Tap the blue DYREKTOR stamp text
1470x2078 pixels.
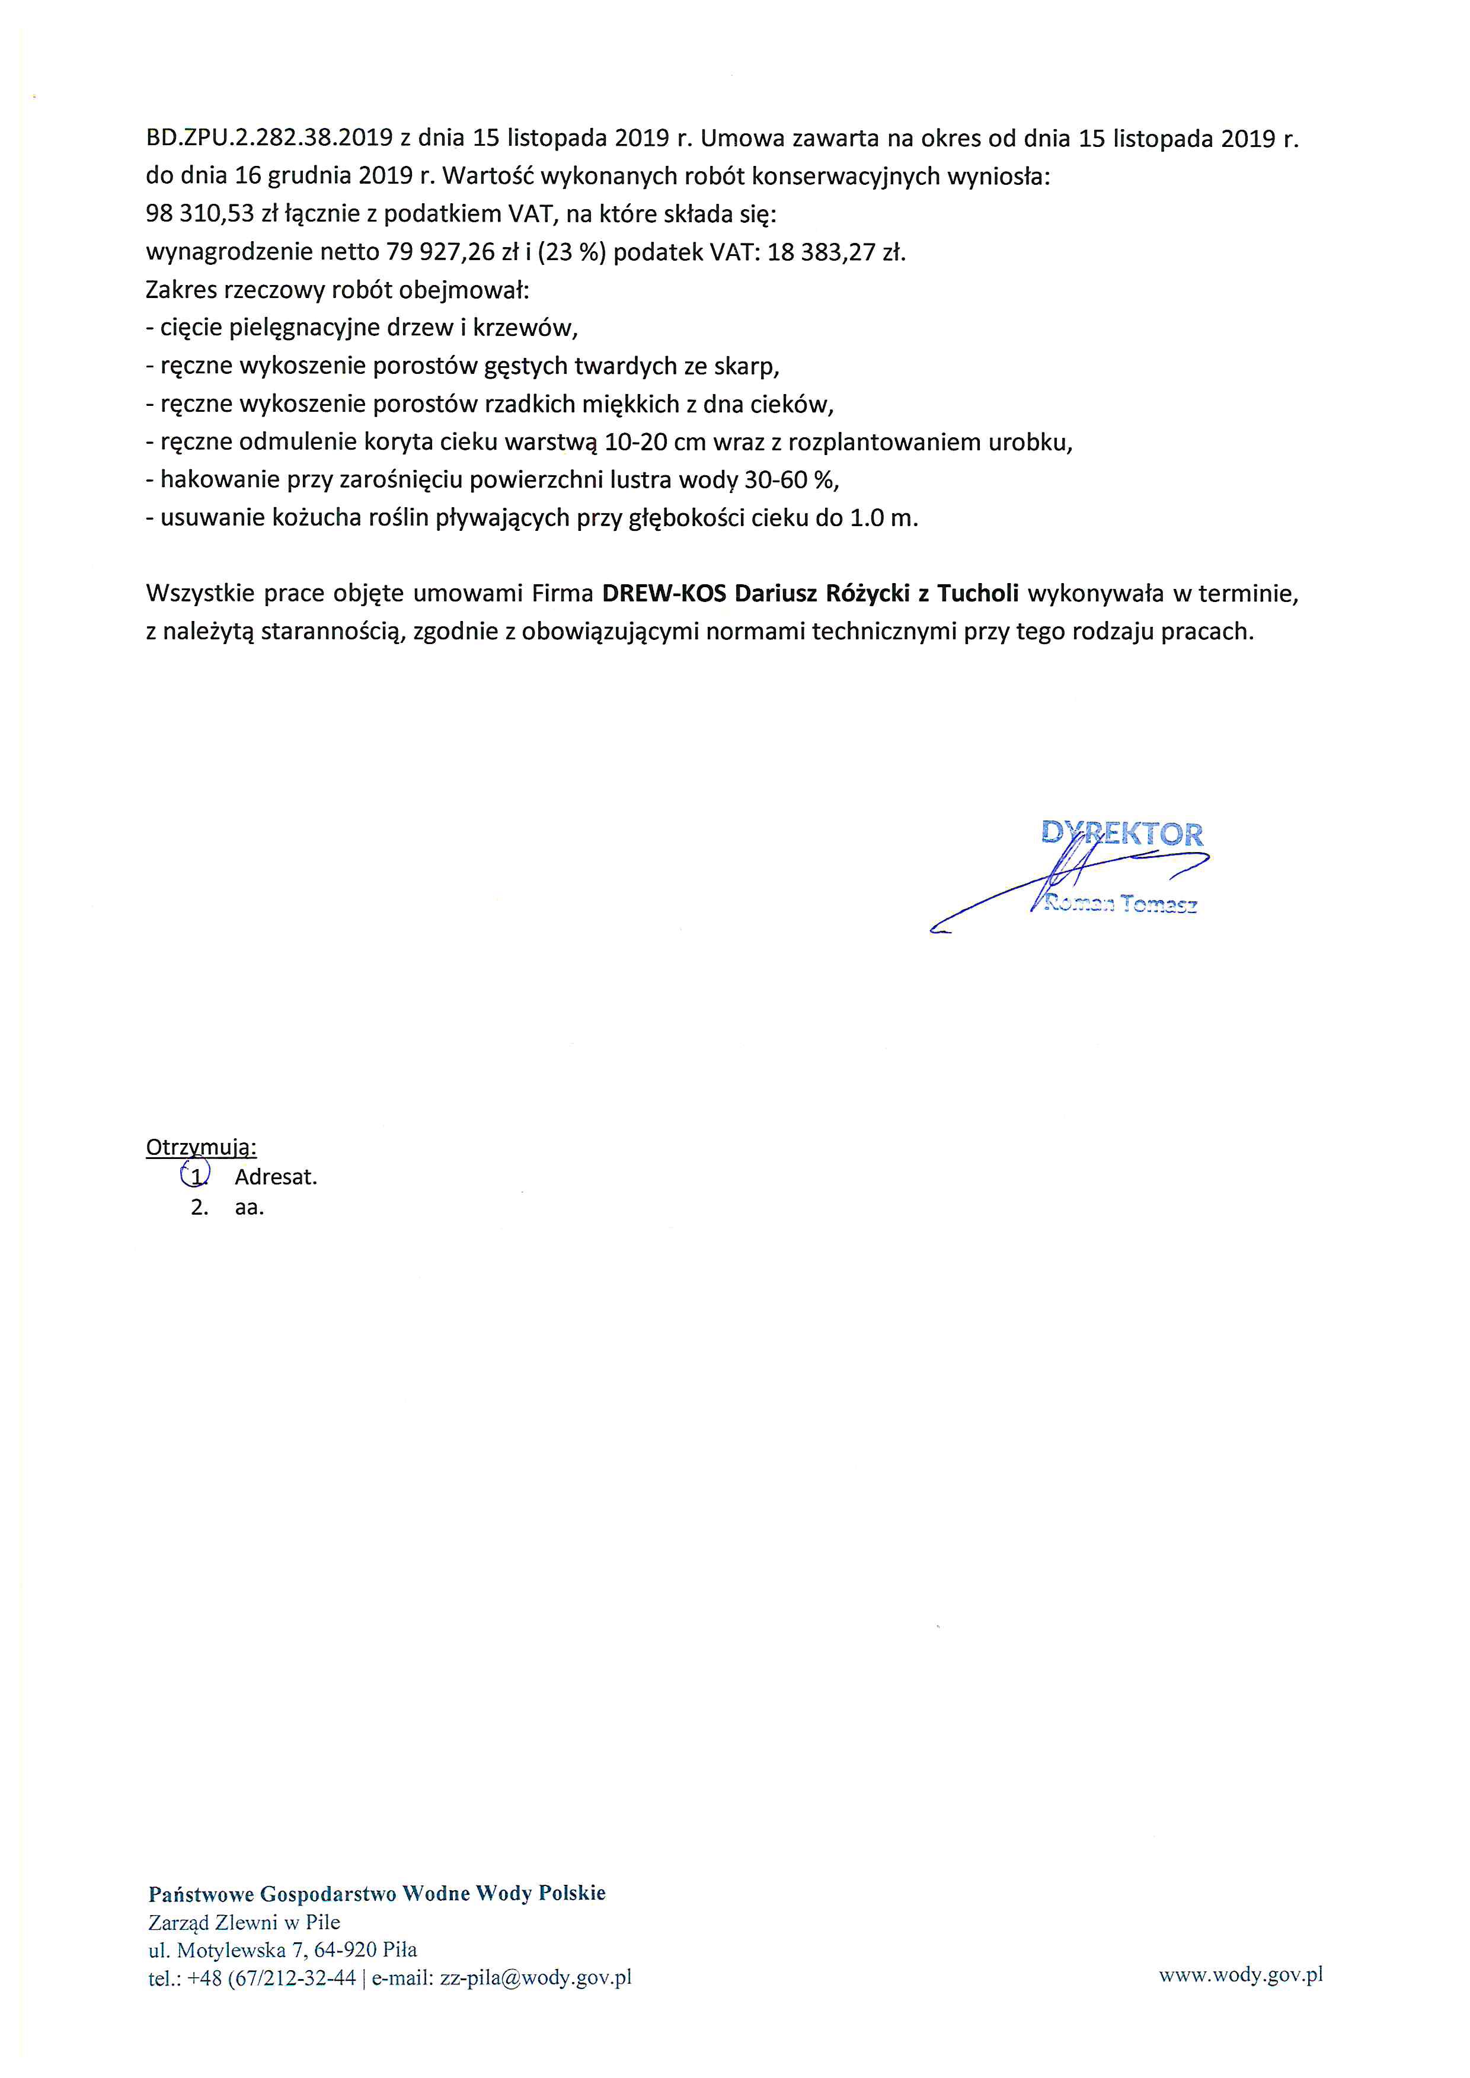(x=1123, y=833)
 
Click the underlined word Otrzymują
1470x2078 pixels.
(x=201, y=1148)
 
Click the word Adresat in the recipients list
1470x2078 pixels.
(x=275, y=1177)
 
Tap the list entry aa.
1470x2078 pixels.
(x=249, y=1208)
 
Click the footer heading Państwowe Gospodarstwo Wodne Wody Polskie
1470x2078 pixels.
(x=376, y=1893)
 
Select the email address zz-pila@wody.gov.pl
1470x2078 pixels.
(x=535, y=1977)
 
